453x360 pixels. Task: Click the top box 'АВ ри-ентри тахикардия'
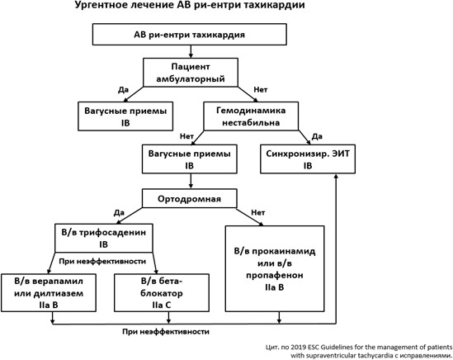coord(190,35)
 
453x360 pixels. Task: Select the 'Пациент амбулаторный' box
coord(191,73)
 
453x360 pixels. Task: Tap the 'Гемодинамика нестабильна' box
coord(251,116)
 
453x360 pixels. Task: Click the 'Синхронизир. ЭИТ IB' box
coord(308,159)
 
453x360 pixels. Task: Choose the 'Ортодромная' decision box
coord(190,198)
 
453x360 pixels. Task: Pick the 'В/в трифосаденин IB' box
coord(104,238)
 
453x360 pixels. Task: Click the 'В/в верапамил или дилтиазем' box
coord(49,293)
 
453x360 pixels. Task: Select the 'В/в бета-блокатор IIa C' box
coord(162,293)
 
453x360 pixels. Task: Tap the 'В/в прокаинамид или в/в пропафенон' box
coord(275,268)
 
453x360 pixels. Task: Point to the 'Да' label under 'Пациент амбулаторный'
coord(123,90)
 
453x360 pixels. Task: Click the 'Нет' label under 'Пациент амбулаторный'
coord(261,90)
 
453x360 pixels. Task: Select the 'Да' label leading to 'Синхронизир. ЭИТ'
coord(317,136)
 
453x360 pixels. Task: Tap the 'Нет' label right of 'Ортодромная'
coord(258,213)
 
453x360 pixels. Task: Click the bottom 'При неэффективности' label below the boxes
coord(166,332)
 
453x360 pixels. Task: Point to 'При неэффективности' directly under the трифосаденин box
coord(102,262)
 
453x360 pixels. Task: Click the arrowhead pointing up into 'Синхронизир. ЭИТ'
coord(336,176)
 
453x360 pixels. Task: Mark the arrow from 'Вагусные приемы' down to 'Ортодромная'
coord(191,181)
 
